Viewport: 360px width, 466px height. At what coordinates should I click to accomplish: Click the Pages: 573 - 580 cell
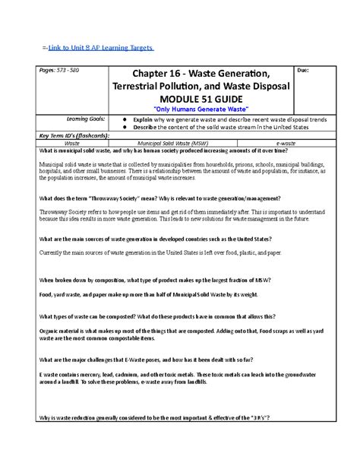click(47, 70)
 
